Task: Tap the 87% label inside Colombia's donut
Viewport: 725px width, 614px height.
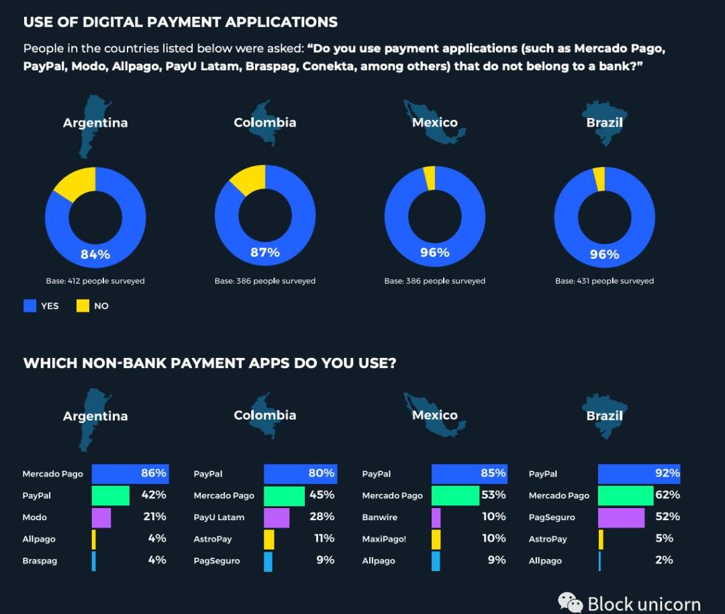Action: (x=265, y=253)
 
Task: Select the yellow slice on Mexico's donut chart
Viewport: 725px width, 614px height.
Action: (x=430, y=178)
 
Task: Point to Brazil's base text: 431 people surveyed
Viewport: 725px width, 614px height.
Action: (x=604, y=281)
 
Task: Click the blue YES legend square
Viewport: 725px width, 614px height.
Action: (x=30, y=306)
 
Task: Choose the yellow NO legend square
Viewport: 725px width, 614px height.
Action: (x=83, y=306)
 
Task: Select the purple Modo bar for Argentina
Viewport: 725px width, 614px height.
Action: (x=101, y=517)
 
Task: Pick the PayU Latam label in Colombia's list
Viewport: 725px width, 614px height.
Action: (x=219, y=517)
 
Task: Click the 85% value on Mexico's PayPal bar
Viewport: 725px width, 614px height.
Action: (x=493, y=473)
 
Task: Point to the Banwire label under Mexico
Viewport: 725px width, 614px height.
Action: (x=380, y=517)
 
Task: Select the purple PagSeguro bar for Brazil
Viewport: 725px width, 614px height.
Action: (x=621, y=517)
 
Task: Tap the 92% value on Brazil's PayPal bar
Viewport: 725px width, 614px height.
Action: (x=667, y=473)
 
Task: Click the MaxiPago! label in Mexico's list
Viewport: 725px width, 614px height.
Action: (x=384, y=539)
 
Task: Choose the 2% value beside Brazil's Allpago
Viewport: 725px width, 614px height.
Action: (x=664, y=560)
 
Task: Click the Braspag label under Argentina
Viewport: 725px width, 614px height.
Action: (x=40, y=561)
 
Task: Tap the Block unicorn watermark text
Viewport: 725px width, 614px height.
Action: (x=643, y=603)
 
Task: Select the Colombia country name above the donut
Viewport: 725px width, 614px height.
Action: (x=264, y=122)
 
